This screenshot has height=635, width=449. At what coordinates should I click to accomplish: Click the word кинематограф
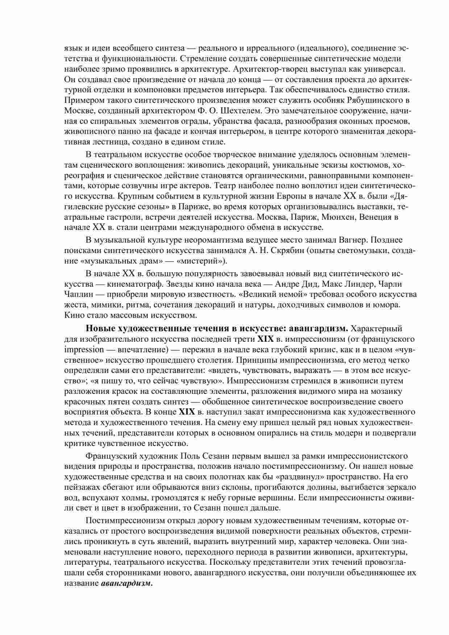click(x=133, y=284)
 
